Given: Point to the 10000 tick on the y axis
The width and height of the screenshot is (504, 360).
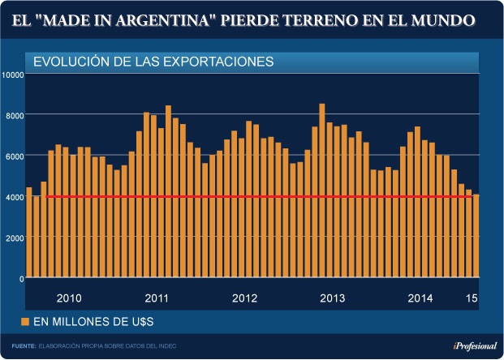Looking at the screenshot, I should tap(12, 75).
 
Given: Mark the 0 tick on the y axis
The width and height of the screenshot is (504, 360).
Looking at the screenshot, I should tap(21, 278).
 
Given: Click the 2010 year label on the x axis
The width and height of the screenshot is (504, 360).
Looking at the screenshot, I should tap(68, 298).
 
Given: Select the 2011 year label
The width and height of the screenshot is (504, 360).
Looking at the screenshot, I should tap(156, 298).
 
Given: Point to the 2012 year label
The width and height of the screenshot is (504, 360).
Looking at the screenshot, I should tap(244, 298).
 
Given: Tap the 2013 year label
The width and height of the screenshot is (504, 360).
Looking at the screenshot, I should tap(333, 298).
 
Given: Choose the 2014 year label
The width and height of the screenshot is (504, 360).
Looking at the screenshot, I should tap(420, 298).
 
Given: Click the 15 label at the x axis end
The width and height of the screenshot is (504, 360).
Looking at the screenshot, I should tap(471, 298).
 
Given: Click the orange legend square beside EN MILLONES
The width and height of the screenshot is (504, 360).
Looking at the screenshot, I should tap(25, 323).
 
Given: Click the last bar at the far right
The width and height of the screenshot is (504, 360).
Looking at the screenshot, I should tap(476, 236).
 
